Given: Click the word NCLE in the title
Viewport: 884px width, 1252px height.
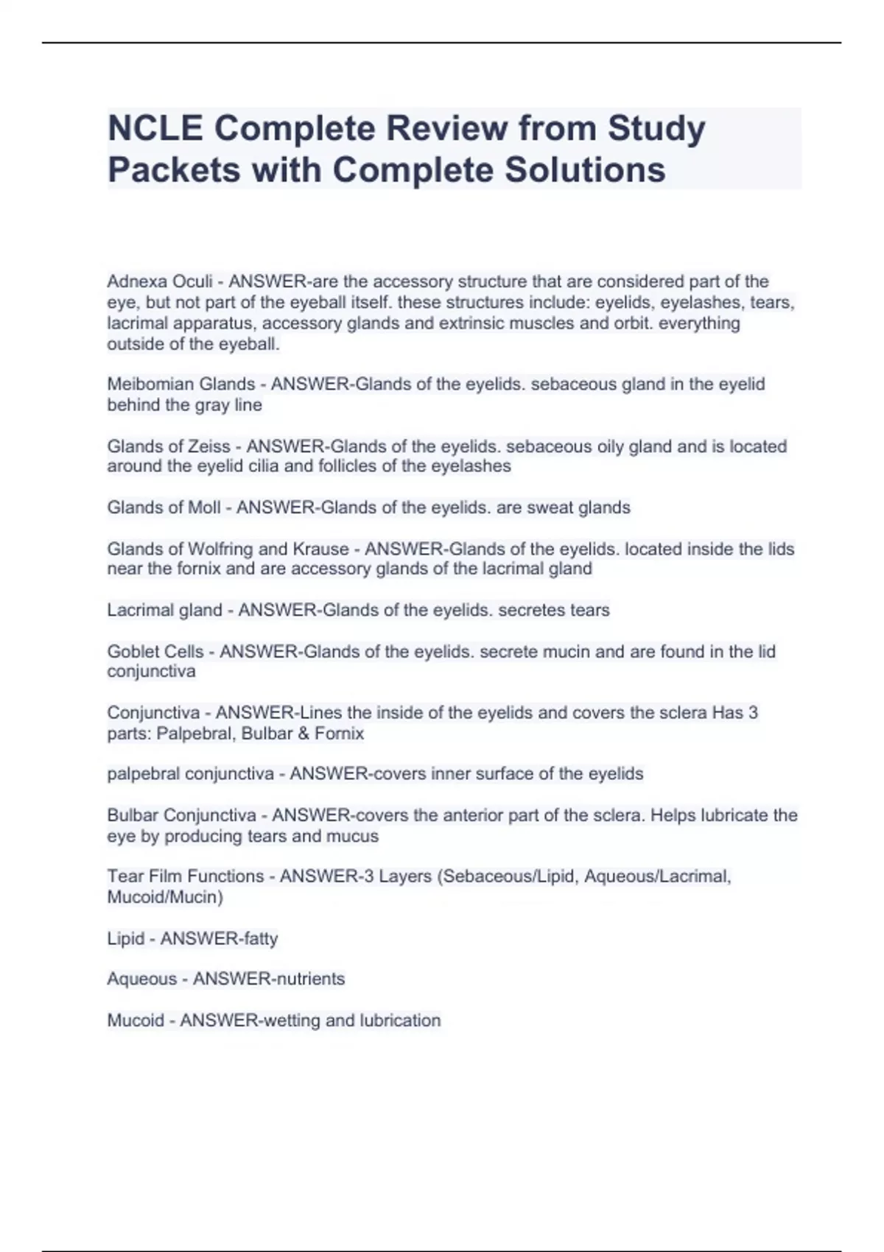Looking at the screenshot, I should coord(155,128).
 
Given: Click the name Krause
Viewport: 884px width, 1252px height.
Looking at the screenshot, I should coord(320,549).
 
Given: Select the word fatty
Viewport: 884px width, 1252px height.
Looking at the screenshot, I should coord(260,938).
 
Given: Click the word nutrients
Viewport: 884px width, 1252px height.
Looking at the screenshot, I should coord(308,979).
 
